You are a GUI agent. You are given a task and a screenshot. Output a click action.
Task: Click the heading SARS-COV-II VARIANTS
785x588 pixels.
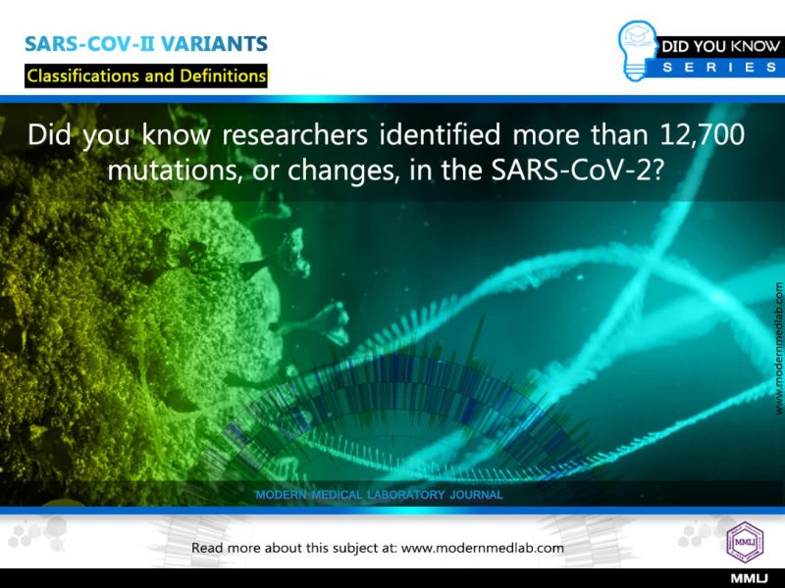[146, 44]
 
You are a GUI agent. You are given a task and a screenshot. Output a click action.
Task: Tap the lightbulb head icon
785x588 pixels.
[637, 50]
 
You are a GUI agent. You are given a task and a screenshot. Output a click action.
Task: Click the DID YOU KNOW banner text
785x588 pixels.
[720, 46]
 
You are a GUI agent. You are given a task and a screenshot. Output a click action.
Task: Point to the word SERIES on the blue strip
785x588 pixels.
[720, 68]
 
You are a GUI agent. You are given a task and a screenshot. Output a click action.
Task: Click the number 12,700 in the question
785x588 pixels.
[703, 134]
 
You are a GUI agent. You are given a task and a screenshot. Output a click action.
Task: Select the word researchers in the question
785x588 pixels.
[295, 134]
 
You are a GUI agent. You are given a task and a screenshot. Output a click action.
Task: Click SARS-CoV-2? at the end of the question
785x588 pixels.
[578, 171]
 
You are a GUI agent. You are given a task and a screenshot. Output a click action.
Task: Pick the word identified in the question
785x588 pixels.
[440, 134]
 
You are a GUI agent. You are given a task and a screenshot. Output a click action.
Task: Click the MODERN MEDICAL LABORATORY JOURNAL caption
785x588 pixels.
[379, 495]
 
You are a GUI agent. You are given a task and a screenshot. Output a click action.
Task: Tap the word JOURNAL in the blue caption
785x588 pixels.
[476, 495]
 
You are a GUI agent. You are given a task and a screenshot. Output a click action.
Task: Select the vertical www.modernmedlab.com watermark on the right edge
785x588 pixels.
[778, 349]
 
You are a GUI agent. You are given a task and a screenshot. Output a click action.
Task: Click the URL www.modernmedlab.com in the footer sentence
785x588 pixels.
[483, 548]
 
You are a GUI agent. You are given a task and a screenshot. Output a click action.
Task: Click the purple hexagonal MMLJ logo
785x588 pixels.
[745, 542]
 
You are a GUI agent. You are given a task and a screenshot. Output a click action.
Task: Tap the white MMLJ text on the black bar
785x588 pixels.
[749, 578]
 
